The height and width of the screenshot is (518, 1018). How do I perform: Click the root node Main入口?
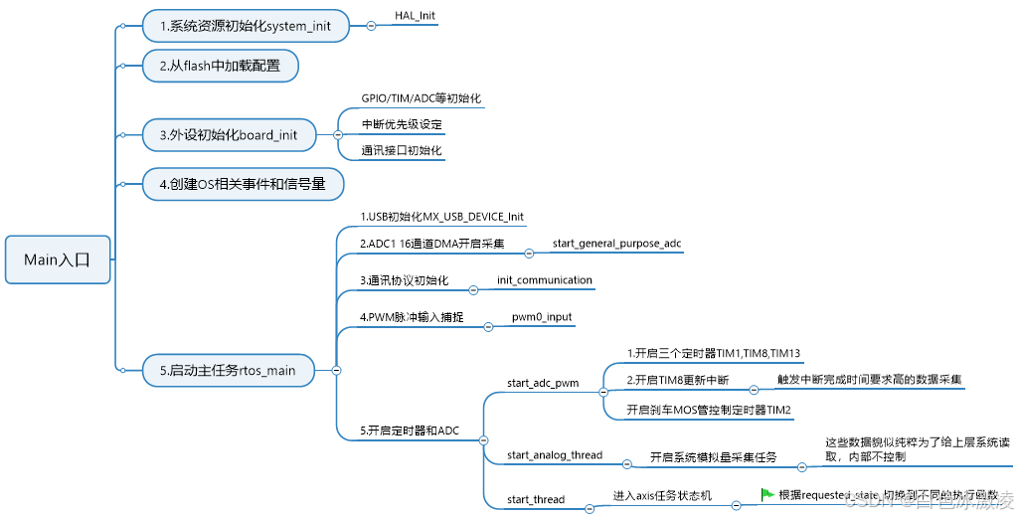[57, 259]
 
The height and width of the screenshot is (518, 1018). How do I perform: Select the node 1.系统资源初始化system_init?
[246, 26]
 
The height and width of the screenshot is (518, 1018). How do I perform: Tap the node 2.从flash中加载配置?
[220, 67]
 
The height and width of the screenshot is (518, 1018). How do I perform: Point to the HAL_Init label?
[416, 17]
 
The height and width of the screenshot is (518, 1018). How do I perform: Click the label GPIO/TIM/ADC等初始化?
[422, 98]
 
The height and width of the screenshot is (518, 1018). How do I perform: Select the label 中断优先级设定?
[402, 125]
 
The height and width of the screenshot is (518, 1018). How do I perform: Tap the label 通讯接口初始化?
[402, 151]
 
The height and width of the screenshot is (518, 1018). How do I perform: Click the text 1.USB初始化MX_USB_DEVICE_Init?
[441, 216]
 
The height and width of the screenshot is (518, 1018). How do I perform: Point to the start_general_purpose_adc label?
[616, 243]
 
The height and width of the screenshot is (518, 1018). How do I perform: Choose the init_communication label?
[545, 280]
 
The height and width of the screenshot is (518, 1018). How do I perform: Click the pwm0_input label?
[542, 317]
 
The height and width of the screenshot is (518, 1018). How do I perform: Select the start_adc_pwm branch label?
[542, 383]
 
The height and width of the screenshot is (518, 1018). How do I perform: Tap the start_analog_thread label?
[555, 455]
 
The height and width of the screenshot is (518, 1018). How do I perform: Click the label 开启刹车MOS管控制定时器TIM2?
[709, 409]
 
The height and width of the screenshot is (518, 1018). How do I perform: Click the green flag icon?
[767, 493]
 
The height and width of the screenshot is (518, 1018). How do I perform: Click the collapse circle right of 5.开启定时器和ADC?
[483, 439]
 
